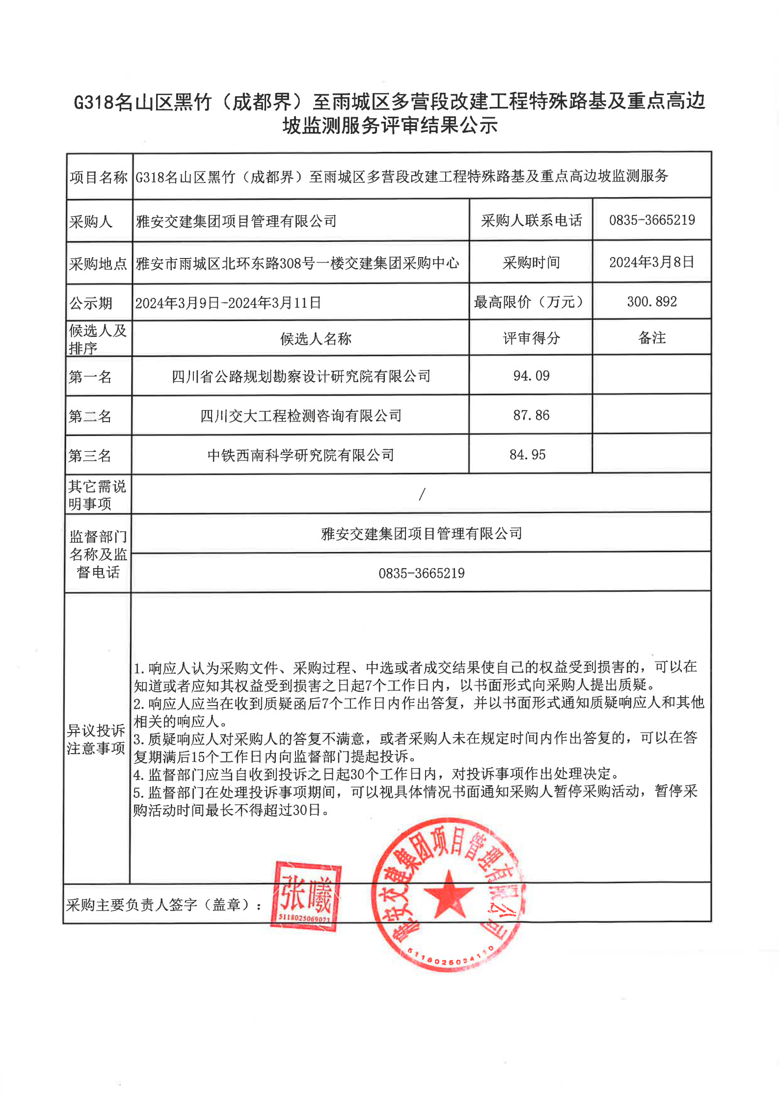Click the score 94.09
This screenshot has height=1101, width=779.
(x=531, y=376)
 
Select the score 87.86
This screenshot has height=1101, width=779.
(x=531, y=416)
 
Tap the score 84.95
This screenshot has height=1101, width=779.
(x=527, y=455)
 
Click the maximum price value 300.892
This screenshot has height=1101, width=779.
(x=652, y=302)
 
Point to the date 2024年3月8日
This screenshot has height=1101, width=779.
(x=652, y=262)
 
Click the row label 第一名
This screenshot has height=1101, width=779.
(x=90, y=377)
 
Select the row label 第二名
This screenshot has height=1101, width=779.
(x=90, y=417)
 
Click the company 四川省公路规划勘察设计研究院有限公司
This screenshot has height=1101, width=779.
(x=301, y=376)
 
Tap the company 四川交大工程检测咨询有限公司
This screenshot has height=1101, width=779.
(x=301, y=416)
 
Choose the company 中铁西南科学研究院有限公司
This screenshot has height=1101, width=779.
(x=301, y=455)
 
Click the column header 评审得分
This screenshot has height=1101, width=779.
(x=531, y=338)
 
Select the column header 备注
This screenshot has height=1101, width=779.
(x=652, y=338)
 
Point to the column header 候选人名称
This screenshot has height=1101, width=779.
(x=316, y=339)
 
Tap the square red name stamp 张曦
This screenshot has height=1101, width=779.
(x=306, y=896)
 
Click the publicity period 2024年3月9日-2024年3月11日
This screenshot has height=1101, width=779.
(x=228, y=303)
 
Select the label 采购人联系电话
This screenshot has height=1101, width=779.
(x=531, y=221)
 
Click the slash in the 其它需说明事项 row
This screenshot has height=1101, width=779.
(x=422, y=494)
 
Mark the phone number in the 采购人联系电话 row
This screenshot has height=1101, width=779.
(x=652, y=220)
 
